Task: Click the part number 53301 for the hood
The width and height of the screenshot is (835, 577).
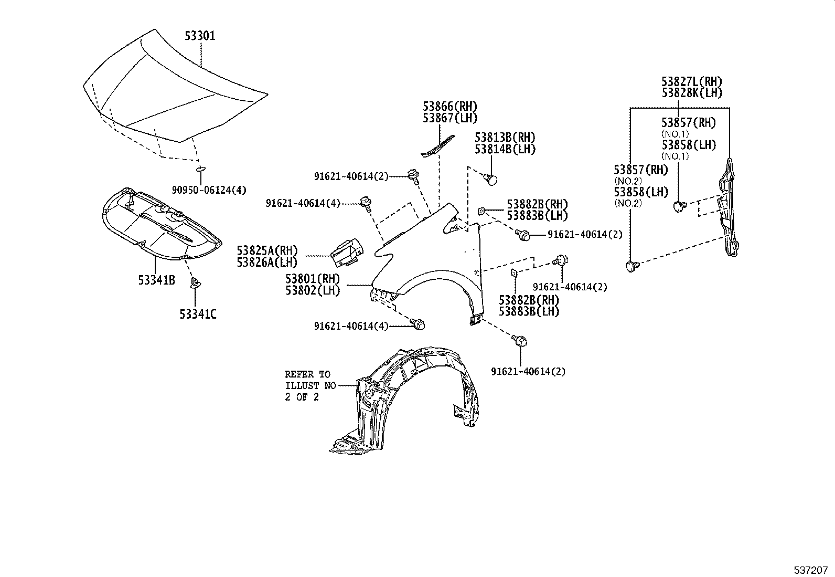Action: point(199,36)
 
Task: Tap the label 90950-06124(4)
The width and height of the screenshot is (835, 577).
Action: point(209,190)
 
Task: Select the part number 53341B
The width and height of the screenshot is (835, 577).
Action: point(156,280)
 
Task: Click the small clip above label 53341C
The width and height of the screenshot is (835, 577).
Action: point(195,284)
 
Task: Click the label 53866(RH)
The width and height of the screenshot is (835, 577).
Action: point(450,107)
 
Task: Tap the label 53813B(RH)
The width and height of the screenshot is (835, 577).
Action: point(505,138)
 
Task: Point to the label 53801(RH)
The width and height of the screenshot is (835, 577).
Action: point(313,278)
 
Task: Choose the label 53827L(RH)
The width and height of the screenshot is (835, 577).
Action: point(691,82)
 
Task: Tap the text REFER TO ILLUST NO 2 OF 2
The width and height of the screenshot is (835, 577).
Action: point(308,386)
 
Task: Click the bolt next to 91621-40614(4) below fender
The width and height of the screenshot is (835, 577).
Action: point(419,324)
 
